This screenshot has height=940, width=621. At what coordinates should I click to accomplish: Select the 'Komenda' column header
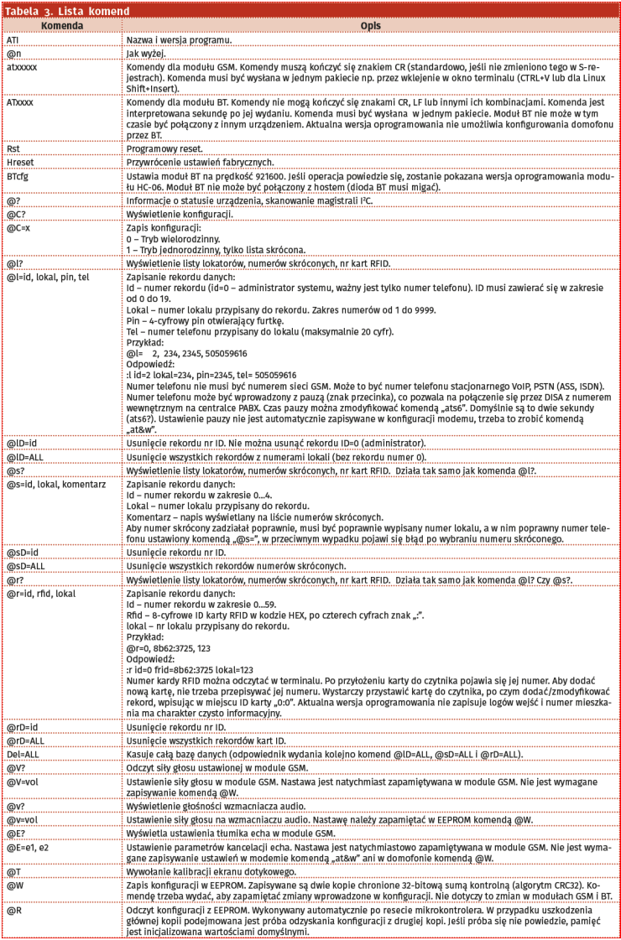(x=60, y=26)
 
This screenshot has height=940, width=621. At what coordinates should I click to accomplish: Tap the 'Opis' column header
(x=370, y=26)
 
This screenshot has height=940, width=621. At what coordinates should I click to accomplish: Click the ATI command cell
(x=13, y=39)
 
